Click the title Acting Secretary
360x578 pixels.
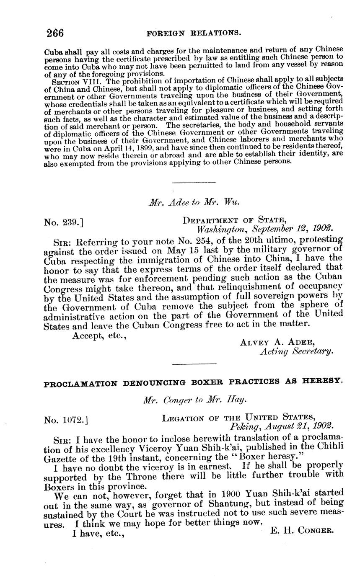click(x=296, y=351)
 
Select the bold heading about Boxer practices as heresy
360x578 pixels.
click(x=193, y=382)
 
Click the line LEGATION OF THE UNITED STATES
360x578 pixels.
click(x=238, y=417)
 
